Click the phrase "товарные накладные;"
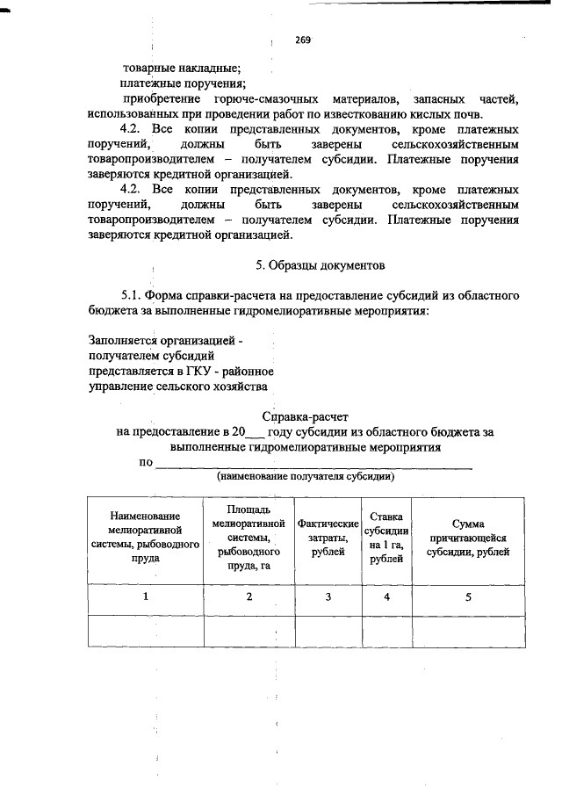[x=181, y=67]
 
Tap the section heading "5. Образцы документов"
[x=320, y=264]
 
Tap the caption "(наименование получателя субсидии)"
[x=306, y=478]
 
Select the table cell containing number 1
[x=146, y=597]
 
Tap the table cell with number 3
[x=328, y=597]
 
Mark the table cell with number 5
[x=468, y=597]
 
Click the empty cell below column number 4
[x=385, y=631]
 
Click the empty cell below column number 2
[x=249, y=631]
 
